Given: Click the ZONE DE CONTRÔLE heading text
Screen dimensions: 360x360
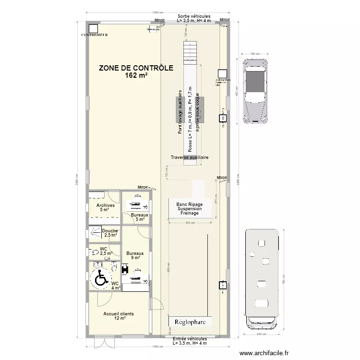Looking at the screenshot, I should pos(136,68).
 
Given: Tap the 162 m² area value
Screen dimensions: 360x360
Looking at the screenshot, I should pos(136,75).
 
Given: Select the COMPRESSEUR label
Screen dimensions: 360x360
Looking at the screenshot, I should pos(94,35).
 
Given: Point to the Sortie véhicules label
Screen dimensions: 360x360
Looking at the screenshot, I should pos(193,16).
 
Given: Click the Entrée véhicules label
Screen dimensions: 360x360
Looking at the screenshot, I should pos(190,338).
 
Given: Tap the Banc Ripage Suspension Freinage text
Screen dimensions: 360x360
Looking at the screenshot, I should pos(190,209).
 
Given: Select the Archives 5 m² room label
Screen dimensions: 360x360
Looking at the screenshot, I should pos(106,207).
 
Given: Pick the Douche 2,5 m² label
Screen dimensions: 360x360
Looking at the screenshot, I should pos(110,233).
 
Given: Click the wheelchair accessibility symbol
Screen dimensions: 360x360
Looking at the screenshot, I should pos(100,278).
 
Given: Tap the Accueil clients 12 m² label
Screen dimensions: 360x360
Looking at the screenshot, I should pos(119,316).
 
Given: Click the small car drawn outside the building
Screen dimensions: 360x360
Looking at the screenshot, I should pos(255,91).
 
